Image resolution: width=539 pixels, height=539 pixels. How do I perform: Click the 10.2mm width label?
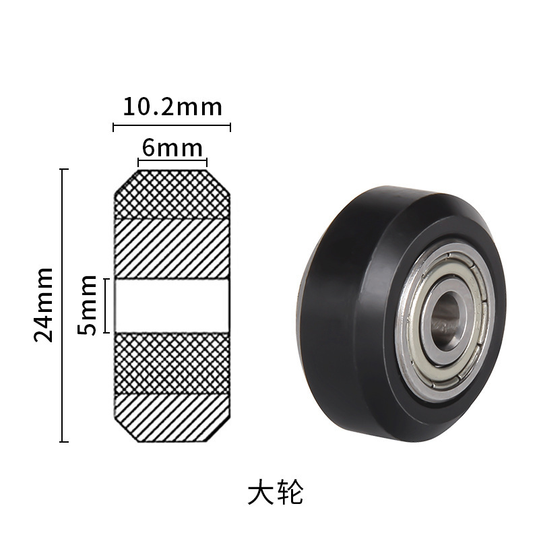(172, 106)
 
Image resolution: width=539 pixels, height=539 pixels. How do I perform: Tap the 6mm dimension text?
(172, 146)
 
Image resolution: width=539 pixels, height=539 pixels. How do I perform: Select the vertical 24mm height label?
(44, 305)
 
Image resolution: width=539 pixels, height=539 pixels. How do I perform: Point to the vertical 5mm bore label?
(88, 306)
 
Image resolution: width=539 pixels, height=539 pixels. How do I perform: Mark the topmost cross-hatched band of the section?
(172, 195)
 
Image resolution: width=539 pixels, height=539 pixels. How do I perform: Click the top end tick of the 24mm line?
(65, 169)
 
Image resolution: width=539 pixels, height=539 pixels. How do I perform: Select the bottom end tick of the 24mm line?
(65, 442)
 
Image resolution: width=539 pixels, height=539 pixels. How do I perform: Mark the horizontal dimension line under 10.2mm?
(172, 126)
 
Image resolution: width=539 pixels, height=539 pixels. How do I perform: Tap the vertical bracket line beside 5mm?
(106, 305)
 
